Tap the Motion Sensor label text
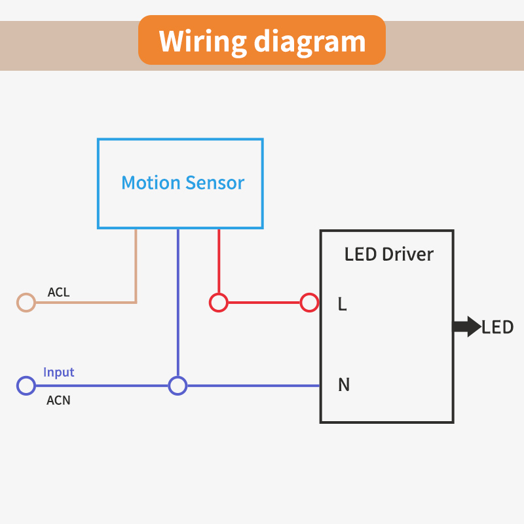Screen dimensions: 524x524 (x=183, y=183)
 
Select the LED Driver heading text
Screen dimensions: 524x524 (x=388, y=254)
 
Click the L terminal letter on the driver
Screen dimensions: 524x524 (x=342, y=304)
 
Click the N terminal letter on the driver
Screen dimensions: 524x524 (x=343, y=385)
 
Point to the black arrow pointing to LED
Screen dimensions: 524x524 (x=466, y=326)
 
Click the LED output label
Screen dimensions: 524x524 (x=497, y=327)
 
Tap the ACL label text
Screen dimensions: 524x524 (x=58, y=292)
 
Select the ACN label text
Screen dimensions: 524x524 (x=58, y=400)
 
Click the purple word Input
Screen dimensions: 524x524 (x=59, y=372)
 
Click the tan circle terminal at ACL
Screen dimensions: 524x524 (x=26, y=302)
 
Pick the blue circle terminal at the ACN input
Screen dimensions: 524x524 (x=26, y=386)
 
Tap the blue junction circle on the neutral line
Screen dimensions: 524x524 (x=178, y=386)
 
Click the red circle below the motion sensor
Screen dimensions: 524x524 (x=218, y=303)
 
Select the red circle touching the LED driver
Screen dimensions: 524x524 (x=309, y=303)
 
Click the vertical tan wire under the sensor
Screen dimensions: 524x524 (x=136, y=265)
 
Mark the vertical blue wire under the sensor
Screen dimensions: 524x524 (x=178, y=301)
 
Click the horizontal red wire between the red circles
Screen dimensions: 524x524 (x=263, y=303)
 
